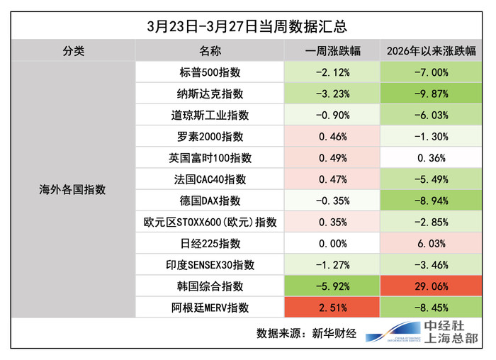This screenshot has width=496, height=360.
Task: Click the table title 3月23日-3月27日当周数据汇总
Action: pyautogui.click(x=247, y=27)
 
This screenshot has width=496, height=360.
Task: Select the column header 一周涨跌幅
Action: pyautogui.click(x=332, y=52)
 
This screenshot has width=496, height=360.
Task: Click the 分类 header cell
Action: pyautogui.click(x=73, y=52)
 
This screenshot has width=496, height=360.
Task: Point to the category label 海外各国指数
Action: pyautogui.click(x=73, y=190)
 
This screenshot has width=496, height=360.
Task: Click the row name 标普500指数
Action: pyautogui.click(x=210, y=72)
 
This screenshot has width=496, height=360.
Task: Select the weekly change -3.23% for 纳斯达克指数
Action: pyautogui.click(x=332, y=94)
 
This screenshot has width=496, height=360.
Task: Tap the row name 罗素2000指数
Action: pyautogui.click(x=210, y=137)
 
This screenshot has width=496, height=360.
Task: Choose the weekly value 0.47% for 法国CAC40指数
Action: pyautogui.click(x=332, y=179)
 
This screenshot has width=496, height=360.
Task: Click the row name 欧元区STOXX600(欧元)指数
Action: pyautogui.click(x=210, y=223)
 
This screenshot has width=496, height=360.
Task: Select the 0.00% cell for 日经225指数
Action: pyautogui.click(x=332, y=244)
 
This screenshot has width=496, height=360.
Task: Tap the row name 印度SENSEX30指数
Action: pyautogui.click(x=210, y=265)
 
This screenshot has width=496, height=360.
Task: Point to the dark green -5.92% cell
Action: pyautogui.click(x=332, y=286)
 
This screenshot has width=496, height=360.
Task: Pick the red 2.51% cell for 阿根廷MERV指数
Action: pyautogui.click(x=332, y=308)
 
